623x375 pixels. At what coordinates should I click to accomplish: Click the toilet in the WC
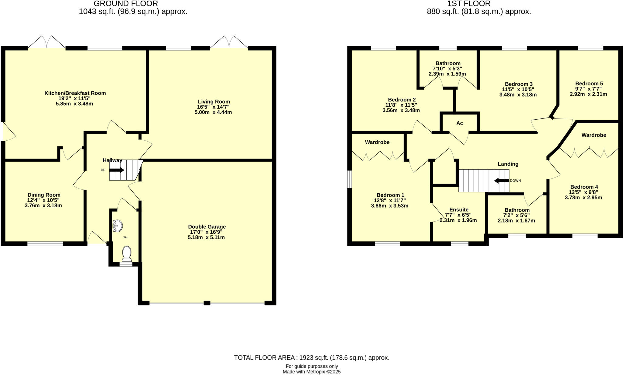coord(127,253)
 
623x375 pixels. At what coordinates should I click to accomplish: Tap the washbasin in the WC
coord(117,226)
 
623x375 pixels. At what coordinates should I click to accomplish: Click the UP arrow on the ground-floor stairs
coord(117,170)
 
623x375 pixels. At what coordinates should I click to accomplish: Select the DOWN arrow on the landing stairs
coord(501,181)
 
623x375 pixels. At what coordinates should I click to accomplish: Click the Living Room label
coord(214,102)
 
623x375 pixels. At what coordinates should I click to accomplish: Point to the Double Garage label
coord(207,227)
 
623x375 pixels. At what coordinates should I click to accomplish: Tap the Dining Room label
coord(44,195)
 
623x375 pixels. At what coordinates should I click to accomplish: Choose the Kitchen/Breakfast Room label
coord(75,93)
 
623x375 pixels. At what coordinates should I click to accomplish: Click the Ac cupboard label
coord(459,123)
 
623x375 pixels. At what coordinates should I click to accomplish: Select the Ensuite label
coord(459,210)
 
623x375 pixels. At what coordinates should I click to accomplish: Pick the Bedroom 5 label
coord(589,84)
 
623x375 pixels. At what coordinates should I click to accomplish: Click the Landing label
coord(508,164)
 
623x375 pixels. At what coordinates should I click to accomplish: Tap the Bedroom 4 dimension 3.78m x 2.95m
coord(583,198)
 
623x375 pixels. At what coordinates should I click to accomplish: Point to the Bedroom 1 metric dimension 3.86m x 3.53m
coord(389,206)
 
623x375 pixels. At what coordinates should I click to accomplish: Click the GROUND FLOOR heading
coord(126,4)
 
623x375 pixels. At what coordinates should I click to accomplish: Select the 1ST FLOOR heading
coord(479,4)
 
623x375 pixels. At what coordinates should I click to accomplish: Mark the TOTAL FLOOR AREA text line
coord(311,358)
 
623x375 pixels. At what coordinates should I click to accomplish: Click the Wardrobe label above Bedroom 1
coord(377,142)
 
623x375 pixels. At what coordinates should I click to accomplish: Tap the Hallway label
coord(112,160)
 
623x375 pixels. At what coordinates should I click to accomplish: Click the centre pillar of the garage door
coord(207,303)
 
